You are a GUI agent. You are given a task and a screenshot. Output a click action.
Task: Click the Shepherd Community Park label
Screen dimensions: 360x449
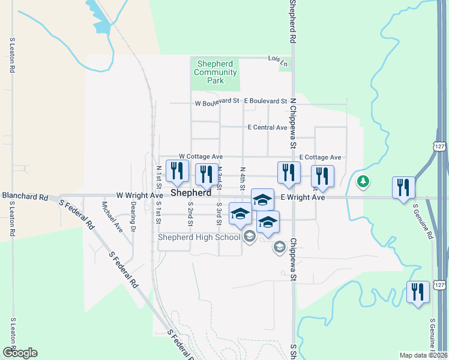pos(215,73)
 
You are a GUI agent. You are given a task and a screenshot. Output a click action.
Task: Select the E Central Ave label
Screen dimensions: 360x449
pos(267,128)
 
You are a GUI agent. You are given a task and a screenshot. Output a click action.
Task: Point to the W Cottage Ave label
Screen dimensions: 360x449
pos(200,156)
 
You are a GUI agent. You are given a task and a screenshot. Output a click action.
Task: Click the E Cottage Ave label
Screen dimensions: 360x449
pos(320,157)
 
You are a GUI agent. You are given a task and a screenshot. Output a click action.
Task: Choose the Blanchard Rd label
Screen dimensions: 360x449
pos(25,196)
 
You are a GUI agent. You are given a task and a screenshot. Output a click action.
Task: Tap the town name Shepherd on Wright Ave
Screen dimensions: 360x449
pos(191,194)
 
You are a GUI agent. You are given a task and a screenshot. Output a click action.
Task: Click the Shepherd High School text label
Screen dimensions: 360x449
pos(199,237)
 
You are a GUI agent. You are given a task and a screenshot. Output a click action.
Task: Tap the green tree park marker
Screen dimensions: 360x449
pos(363,182)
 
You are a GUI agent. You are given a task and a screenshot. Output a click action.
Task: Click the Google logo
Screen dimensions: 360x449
pos(20,353)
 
